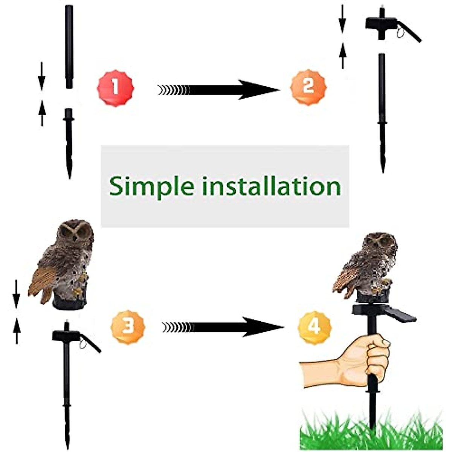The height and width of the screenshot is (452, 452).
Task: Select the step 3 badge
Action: point(128,327)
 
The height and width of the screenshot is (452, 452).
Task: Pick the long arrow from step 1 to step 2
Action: point(218,90)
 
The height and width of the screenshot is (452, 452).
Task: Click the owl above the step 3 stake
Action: point(64,264)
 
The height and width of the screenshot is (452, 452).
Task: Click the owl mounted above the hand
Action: point(367,267)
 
